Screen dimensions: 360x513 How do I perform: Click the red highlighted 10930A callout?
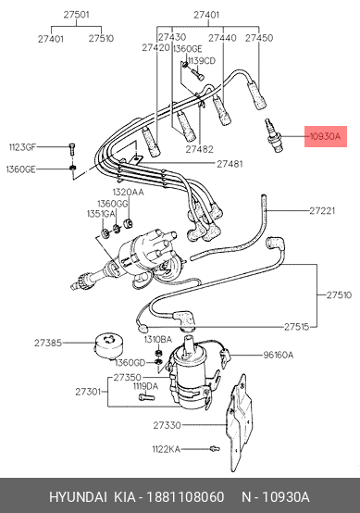326,136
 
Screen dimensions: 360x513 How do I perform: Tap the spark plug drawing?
273,135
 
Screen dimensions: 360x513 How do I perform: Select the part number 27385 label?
48,343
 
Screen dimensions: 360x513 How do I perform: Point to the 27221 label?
322,211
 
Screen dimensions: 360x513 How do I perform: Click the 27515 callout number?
296,327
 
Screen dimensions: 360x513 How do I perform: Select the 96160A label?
279,355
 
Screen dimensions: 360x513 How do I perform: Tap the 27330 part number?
167,425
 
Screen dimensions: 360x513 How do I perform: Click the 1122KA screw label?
166,449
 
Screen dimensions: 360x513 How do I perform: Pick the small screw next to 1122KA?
215,449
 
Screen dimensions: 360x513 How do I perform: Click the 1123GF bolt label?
22,147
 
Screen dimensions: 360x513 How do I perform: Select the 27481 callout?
230,164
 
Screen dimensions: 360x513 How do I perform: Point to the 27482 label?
200,149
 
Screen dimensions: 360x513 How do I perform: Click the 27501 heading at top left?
76,15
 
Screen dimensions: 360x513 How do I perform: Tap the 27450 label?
259,38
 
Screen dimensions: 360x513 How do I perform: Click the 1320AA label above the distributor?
128,192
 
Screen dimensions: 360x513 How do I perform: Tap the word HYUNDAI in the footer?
78,497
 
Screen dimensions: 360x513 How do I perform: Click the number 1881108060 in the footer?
185,497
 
